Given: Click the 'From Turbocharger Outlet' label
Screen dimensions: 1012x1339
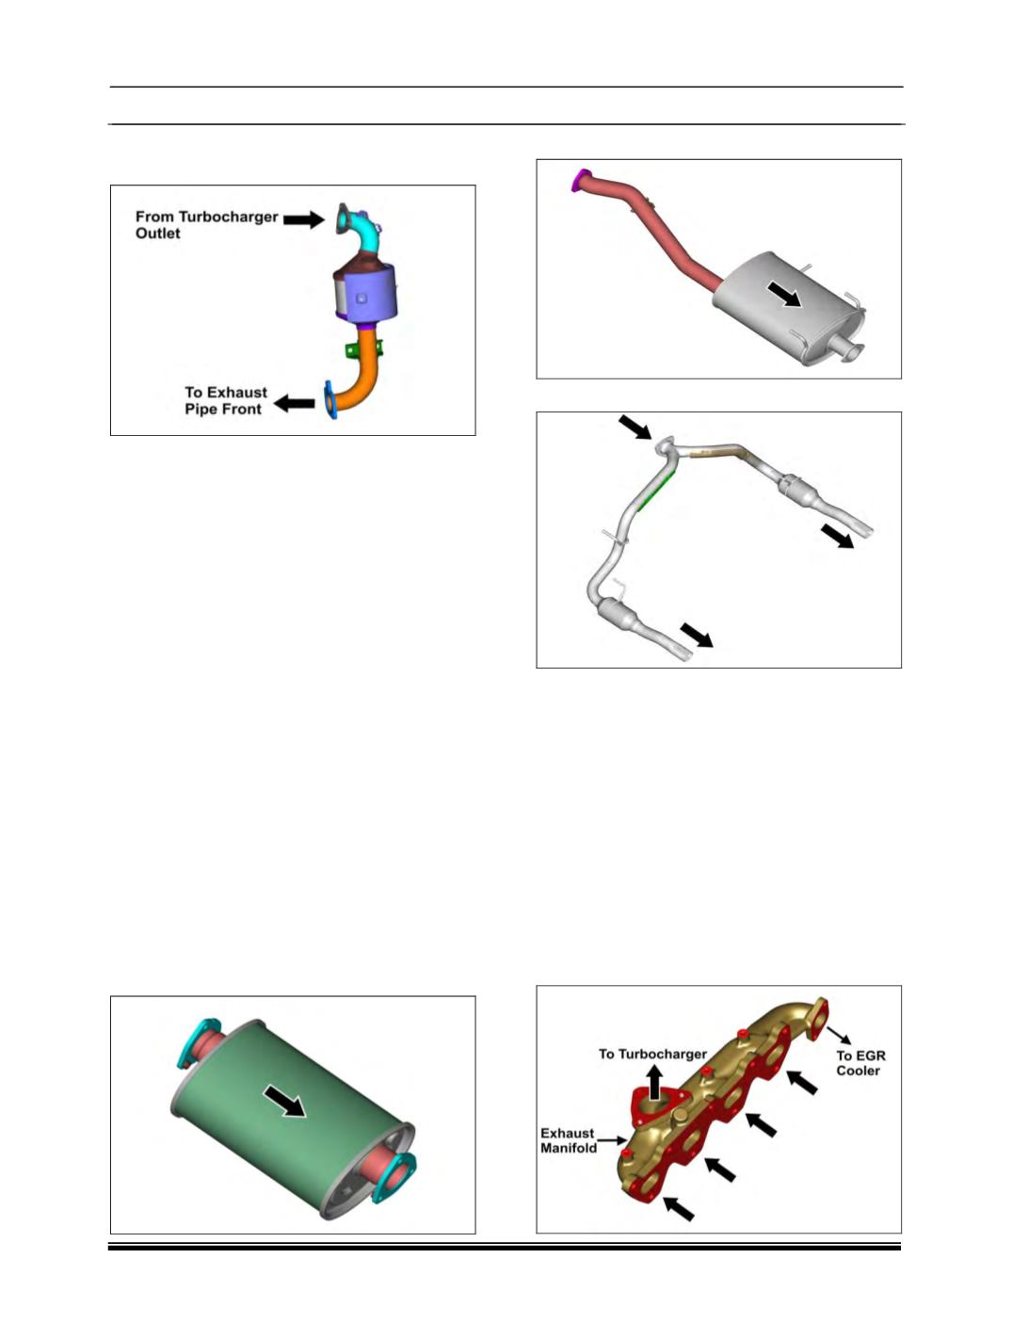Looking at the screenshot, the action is (206, 225).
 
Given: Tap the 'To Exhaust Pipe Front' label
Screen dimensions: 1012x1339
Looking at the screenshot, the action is (226, 400).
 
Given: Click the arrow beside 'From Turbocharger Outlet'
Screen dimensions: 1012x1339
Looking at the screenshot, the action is (303, 219).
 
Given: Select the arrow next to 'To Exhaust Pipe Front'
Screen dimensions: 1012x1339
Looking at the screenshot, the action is (294, 403).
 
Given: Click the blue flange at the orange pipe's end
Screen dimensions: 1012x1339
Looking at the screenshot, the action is (329, 399).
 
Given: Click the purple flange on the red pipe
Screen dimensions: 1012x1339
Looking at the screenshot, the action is (579, 180).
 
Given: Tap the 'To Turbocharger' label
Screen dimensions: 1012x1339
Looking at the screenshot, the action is (652, 1054).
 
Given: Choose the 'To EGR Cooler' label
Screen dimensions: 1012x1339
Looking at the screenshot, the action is (860, 1063).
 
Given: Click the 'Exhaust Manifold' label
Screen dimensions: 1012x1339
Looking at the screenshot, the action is (569, 1140).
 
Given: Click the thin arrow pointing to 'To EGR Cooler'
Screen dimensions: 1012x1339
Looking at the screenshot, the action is (838, 1035).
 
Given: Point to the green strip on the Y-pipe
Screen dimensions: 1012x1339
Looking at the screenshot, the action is (655, 491).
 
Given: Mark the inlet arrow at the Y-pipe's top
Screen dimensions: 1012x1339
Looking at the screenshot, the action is (635, 427).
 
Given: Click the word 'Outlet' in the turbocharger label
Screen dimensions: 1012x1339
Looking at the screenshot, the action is (158, 234).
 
